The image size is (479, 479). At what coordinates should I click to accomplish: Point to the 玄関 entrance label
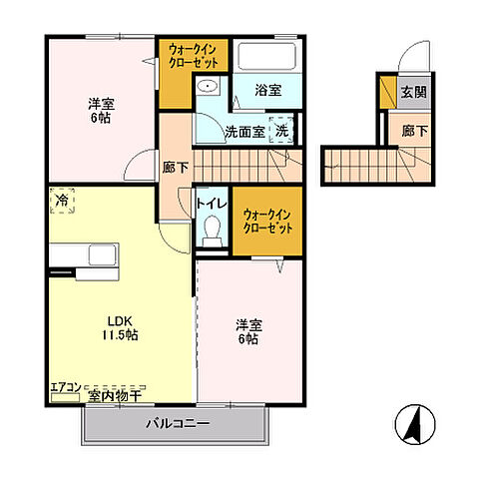point(413,92)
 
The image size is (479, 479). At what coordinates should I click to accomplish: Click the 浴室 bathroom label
point(267,90)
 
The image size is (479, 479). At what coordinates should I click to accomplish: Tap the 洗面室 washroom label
point(244,131)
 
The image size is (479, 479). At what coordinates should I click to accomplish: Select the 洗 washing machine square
point(283,131)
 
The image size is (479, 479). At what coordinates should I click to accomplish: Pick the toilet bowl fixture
point(212,232)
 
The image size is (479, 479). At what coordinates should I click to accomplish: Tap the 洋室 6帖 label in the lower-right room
point(247,332)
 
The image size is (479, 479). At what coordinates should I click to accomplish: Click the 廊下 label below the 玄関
point(413,131)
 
